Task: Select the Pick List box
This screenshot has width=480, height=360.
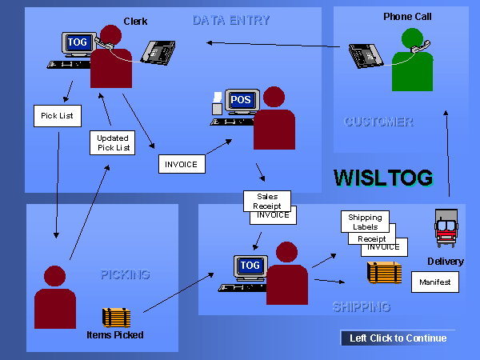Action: (x=57, y=115)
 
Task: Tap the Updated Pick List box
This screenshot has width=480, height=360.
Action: (x=112, y=143)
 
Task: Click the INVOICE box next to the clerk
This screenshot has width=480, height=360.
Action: (x=182, y=164)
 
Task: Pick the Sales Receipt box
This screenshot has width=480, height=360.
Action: (x=267, y=200)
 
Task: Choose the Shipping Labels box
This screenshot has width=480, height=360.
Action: (x=365, y=222)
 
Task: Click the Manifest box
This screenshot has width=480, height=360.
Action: (x=435, y=282)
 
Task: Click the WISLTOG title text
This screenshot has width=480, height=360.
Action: (x=382, y=178)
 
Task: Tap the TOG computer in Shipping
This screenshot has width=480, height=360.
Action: (x=250, y=267)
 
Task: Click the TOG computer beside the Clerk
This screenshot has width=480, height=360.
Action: (x=77, y=45)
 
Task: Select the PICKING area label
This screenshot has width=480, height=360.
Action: (x=125, y=274)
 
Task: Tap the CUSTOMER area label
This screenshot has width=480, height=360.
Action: (x=378, y=122)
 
